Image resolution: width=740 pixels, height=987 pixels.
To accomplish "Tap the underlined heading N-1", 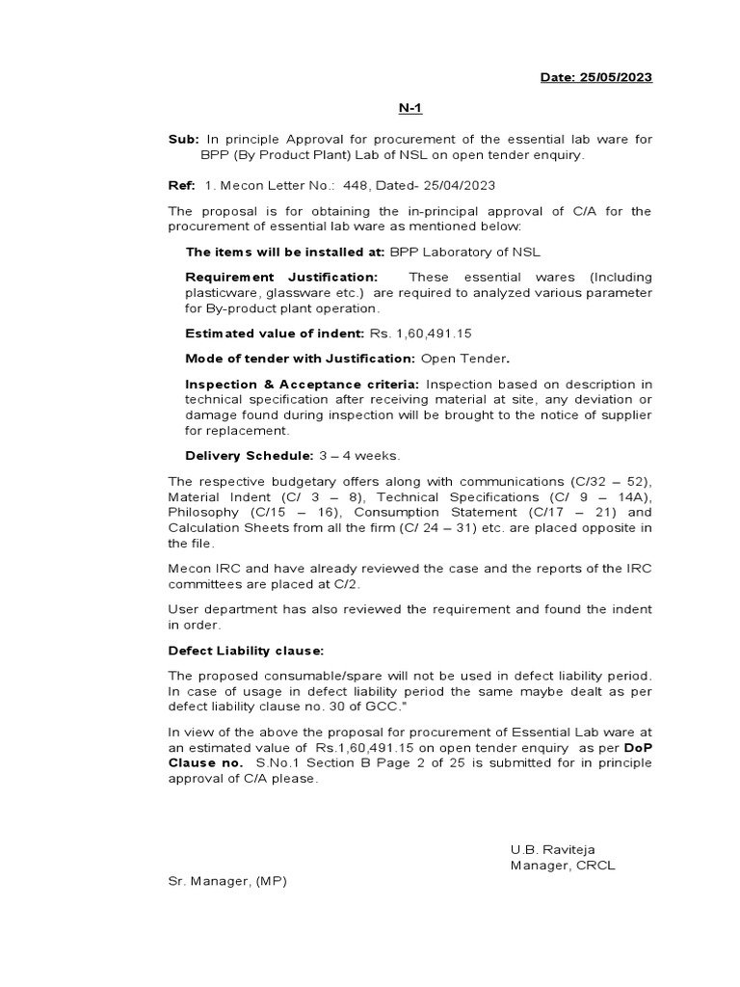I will [x=411, y=109].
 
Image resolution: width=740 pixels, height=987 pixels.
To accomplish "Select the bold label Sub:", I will [x=183, y=140].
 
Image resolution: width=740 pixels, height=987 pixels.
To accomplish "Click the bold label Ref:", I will [x=182, y=184].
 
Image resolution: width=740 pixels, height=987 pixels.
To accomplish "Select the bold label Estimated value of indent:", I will [x=275, y=333].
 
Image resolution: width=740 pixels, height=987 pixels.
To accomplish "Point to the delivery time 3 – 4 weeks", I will [x=358, y=455].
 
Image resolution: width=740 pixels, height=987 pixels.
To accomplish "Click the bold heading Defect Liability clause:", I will [x=247, y=651].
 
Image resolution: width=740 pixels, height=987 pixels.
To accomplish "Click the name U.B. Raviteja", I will [x=554, y=849].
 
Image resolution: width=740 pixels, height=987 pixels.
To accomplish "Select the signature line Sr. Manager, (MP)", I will [x=227, y=880].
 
